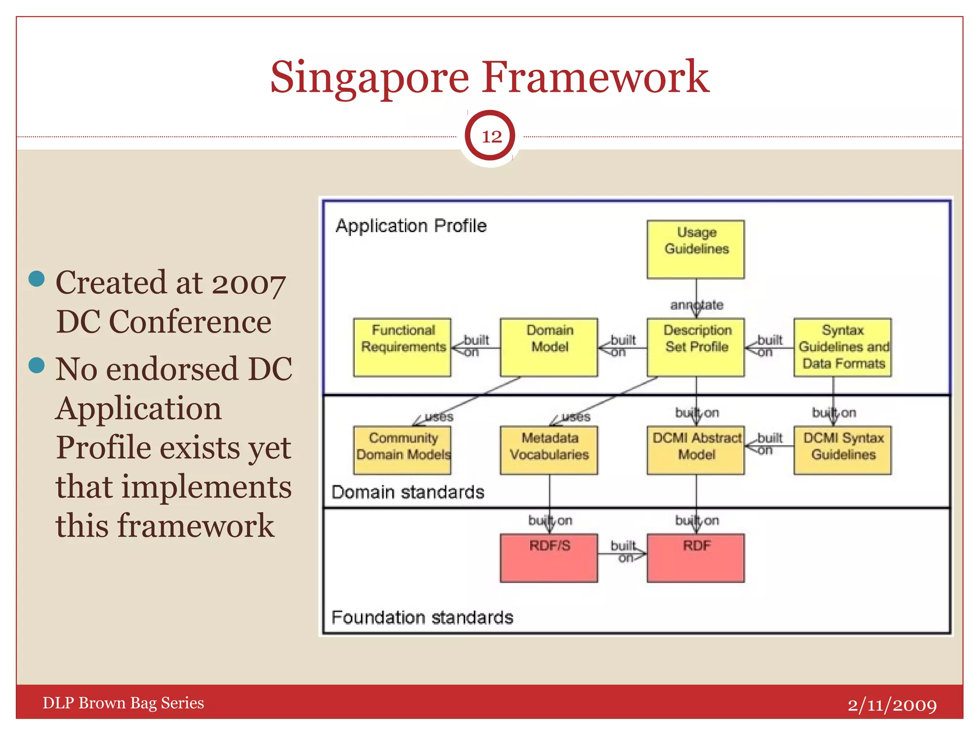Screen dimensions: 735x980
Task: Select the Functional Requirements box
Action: (x=402, y=347)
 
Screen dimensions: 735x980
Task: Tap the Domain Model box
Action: (x=549, y=347)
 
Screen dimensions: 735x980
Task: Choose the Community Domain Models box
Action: (x=402, y=450)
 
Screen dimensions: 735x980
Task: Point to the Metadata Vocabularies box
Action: (x=549, y=450)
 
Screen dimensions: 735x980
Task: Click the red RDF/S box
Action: (x=549, y=558)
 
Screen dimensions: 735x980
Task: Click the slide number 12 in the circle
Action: (x=490, y=136)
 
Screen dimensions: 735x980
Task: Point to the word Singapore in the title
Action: (x=369, y=78)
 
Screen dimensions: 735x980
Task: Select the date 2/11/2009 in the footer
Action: (x=892, y=704)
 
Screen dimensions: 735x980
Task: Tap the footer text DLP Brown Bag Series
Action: (x=123, y=703)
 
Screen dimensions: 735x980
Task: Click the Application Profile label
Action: (x=411, y=226)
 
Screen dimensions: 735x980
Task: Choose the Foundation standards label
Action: (x=422, y=617)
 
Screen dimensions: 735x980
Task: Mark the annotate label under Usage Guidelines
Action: (x=697, y=305)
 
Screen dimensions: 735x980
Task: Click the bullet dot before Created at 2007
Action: (x=37, y=278)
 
